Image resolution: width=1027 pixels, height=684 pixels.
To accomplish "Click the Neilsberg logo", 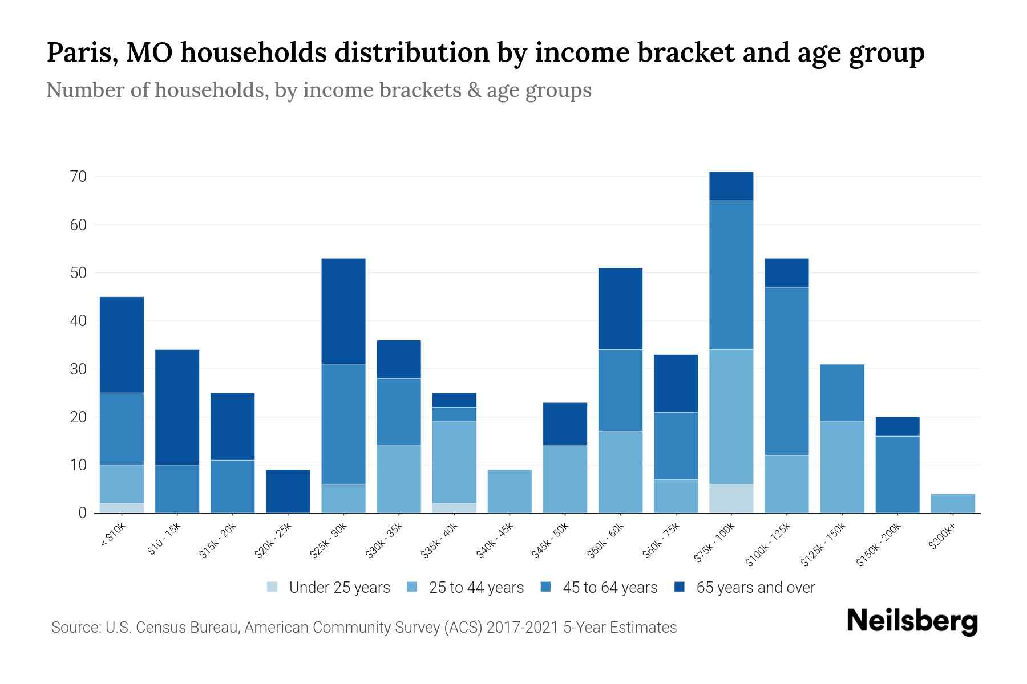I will [x=912, y=621].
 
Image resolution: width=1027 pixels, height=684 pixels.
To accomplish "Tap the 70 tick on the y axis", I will [x=79, y=177].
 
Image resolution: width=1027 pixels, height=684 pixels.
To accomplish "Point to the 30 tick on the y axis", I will [x=79, y=369].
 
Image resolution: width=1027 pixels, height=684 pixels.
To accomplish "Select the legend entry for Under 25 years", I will [x=339, y=588].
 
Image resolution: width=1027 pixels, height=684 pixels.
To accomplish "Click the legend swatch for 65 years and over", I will [x=680, y=587].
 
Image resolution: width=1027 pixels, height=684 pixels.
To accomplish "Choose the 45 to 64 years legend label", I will [x=610, y=588].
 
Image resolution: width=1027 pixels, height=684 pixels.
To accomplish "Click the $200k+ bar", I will [x=953, y=503].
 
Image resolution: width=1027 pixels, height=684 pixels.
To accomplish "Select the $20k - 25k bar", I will [x=288, y=491].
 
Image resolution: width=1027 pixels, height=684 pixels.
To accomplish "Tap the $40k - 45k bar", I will [x=510, y=491].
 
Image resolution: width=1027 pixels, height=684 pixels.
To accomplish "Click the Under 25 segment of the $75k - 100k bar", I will [x=731, y=499].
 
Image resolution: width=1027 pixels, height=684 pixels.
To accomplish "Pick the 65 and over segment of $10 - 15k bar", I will [x=177, y=407].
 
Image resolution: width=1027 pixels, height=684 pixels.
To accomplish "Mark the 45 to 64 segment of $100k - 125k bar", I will [x=786, y=371].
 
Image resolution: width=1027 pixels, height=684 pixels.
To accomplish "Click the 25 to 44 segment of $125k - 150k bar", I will [x=842, y=467].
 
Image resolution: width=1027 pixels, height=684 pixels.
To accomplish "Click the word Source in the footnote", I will [x=74, y=628].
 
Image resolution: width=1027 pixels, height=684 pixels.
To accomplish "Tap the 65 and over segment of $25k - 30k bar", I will [x=343, y=311].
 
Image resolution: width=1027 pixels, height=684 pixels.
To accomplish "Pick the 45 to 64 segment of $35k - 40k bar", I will [x=454, y=414].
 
